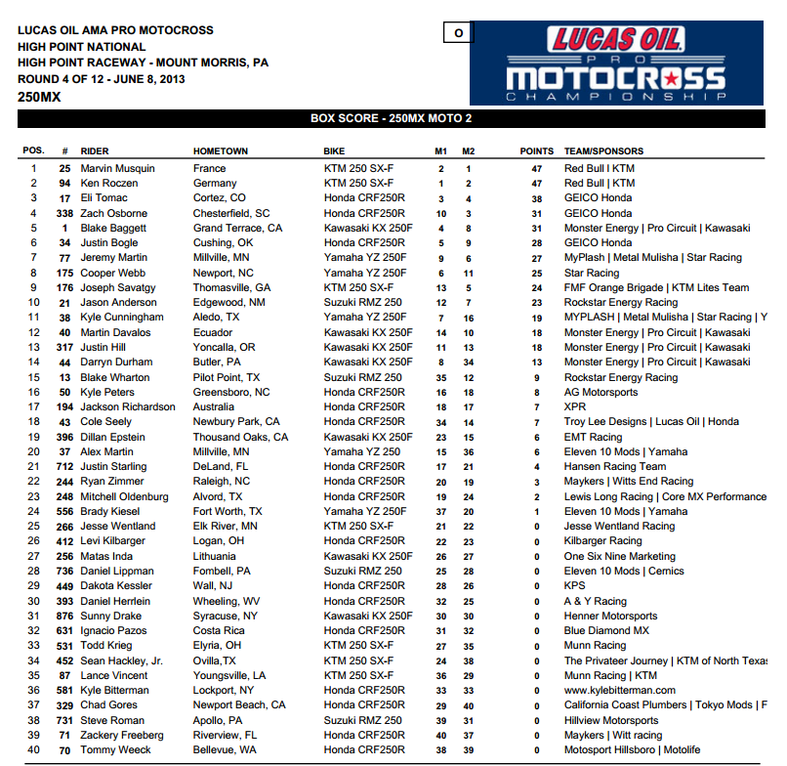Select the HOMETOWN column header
[221, 151]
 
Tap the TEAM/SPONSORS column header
[603, 151]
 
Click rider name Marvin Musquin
[117, 168]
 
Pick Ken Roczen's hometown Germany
[215, 183]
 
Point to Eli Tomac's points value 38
[536, 198]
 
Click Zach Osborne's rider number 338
[64, 213]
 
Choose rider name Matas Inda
[106, 556]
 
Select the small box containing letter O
[457, 33]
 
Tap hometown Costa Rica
[219, 630]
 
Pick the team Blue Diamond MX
[606, 630]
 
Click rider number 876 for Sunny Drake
[65, 616]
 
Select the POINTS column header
[536, 151]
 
